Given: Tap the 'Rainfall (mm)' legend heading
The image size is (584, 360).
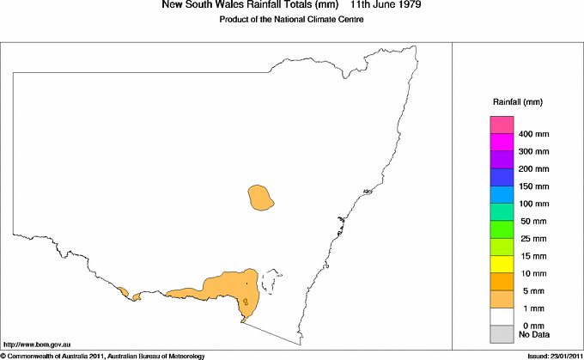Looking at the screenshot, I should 517,102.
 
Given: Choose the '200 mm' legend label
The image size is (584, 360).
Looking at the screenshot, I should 534,169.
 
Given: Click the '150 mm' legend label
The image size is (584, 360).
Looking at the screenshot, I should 534,186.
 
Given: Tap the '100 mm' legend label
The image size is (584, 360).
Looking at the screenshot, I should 534,204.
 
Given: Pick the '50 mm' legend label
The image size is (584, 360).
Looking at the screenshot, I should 532,222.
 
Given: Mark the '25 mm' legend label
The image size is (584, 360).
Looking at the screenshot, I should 532,239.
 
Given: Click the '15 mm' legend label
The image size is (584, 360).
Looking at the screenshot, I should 532,256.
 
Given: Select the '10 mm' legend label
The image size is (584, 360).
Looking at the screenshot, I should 532,273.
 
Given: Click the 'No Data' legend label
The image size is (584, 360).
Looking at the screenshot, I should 534,334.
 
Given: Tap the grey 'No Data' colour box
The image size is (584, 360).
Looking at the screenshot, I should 502,334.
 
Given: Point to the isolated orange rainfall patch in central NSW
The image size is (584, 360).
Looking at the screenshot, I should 260,198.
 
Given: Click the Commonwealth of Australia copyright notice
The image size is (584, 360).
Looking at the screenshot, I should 103,355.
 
